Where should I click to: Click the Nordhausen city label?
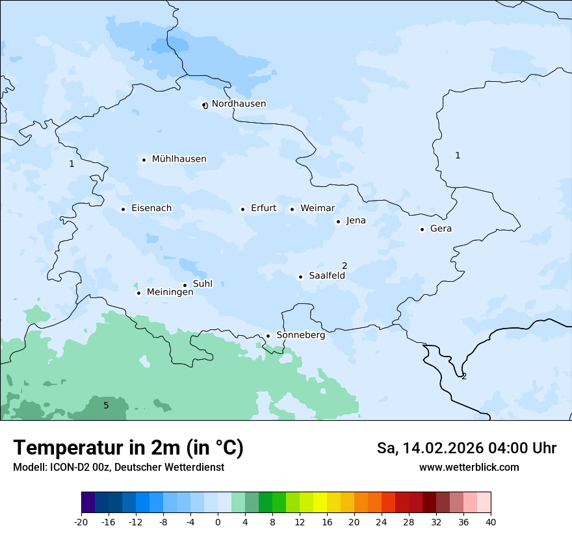[239, 104]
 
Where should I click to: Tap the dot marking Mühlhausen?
[144, 160]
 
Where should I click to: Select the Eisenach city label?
[151, 208]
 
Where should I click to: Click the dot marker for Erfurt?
[242, 209]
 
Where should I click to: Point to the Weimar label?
[317, 208]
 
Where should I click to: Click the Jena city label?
[356, 221]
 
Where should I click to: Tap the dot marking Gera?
[422, 229]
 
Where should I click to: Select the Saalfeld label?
[326, 276]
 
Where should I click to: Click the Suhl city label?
[202, 284]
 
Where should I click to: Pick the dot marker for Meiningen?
[138, 293]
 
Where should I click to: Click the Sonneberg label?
[300, 336]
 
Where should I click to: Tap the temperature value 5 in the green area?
[106, 406]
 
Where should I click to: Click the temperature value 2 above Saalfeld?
[344, 266]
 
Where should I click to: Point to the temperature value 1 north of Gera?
[458, 155]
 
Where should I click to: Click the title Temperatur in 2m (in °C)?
[128, 447]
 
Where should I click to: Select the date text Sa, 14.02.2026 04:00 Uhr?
[466, 448]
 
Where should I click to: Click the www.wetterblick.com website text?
[469, 467]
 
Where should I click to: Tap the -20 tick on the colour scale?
[81, 521]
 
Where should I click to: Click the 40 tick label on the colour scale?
[490, 521]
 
